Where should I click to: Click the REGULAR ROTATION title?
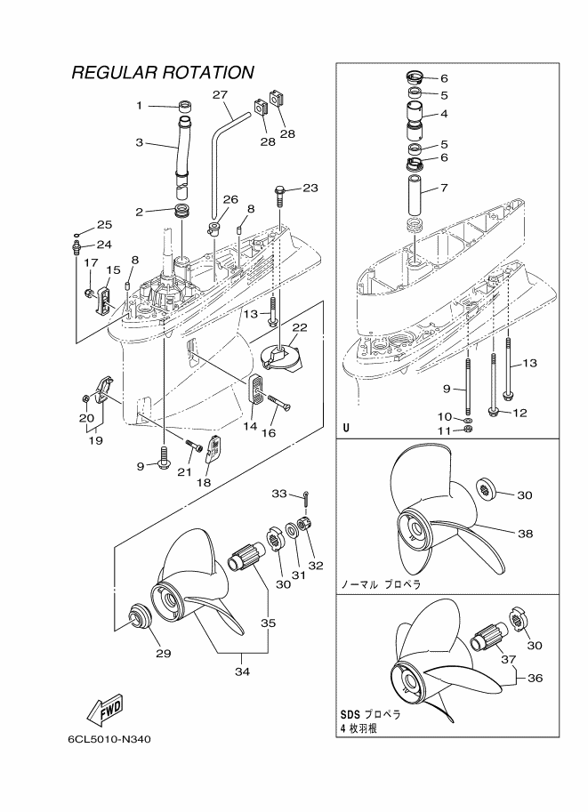click(163, 72)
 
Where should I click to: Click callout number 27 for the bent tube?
click(221, 95)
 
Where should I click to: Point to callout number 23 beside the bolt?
click(310, 188)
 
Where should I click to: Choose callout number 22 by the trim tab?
click(300, 327)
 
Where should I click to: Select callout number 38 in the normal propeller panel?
click(526, 533)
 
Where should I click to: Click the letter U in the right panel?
click(346, 430)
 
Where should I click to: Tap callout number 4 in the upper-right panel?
click(444, 114)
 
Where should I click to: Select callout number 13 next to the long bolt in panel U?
click(529, 363)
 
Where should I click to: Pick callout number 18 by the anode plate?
click(205, 482)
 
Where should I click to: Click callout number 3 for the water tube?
click(139, 142)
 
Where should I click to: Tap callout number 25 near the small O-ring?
click(104, 225)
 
